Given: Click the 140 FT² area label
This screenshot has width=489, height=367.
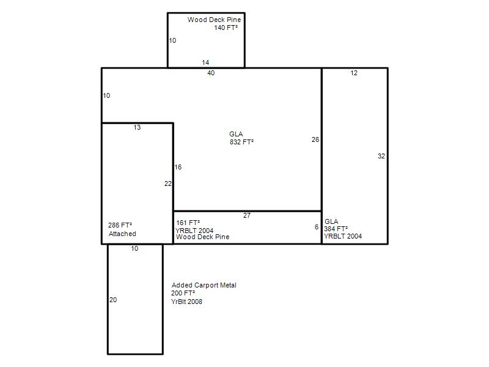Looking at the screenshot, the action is (x=226, y=28).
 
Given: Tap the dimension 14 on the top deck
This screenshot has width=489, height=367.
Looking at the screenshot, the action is (x=205, y=62).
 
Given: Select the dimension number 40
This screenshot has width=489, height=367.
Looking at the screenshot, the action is (x=211, y=73).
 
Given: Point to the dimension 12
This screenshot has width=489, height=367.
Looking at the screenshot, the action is (x=354, y=73).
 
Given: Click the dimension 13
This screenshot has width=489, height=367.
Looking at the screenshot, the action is (x=137, y=127).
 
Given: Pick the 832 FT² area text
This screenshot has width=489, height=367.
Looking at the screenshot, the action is (x=241, y=142).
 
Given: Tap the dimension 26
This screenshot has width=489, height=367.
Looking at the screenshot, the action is (x=315, y=139).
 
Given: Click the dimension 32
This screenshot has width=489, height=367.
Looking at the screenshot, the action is (x=381, y=156).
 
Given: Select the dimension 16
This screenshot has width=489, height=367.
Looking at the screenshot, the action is (x=178, y=167).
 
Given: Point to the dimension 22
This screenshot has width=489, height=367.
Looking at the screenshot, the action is (x=167, y=183).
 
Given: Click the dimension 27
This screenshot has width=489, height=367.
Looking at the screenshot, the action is (x=247, y=215).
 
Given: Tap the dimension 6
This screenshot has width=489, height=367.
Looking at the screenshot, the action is (x=317, y=227).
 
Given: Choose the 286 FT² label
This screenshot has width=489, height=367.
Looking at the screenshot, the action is (x=120, y=225).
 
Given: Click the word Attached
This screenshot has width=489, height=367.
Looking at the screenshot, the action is (x=122, y=234).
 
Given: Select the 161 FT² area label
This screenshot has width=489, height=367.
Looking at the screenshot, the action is (x=188, y=223).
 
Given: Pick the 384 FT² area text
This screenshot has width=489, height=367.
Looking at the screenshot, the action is (x=336, y=229).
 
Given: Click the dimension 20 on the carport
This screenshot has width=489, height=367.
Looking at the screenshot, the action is (x=113, y=300).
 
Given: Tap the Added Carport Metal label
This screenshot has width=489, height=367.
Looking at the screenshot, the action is (x=204, y=285).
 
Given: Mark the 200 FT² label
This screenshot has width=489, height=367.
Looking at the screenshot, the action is (x=183, y=293).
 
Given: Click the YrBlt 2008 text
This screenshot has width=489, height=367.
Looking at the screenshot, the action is (x=186, y=302).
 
